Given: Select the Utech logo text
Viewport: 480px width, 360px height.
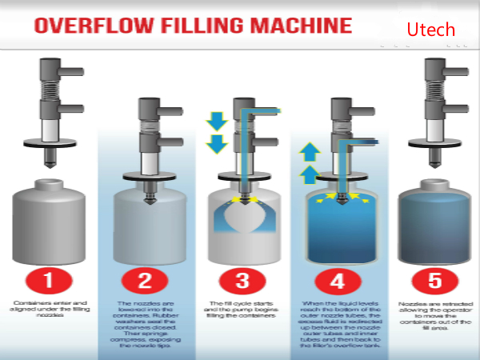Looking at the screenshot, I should coord(430,30).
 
